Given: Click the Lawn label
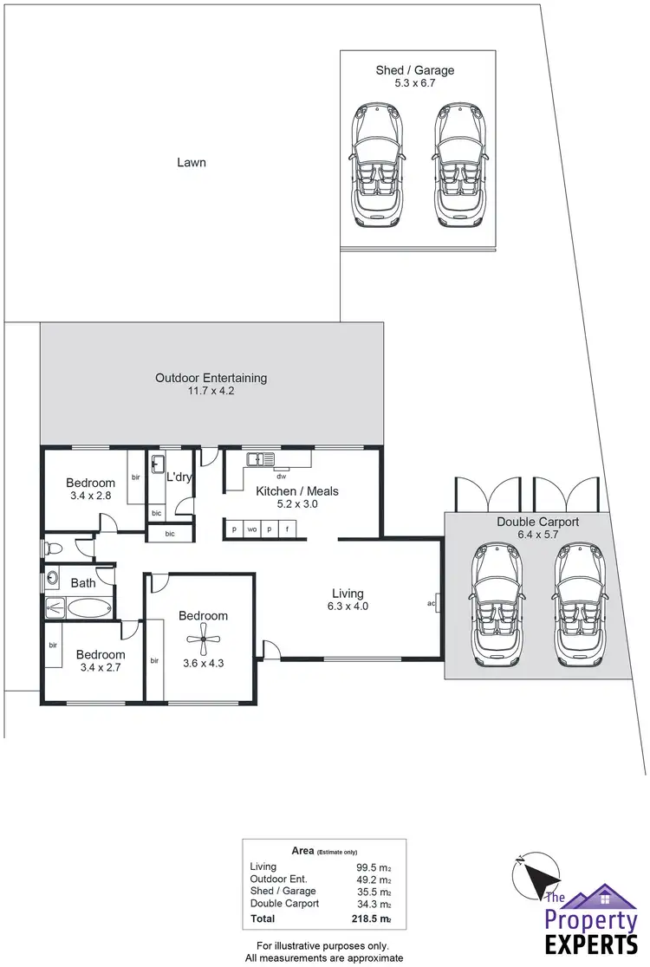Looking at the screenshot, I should (191, 162).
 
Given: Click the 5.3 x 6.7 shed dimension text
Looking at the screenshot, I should (414, 85).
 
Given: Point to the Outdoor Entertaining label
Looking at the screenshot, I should (211, 378).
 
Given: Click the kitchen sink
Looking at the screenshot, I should (259, 459).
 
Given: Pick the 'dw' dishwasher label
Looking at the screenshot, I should (281, 476).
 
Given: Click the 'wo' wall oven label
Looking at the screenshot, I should (251, 529).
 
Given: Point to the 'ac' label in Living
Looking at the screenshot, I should (431, 603).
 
